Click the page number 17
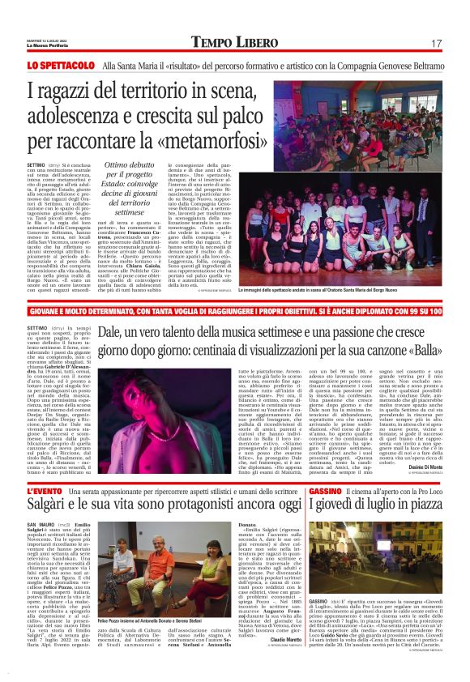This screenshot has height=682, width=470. pos(436,43)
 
